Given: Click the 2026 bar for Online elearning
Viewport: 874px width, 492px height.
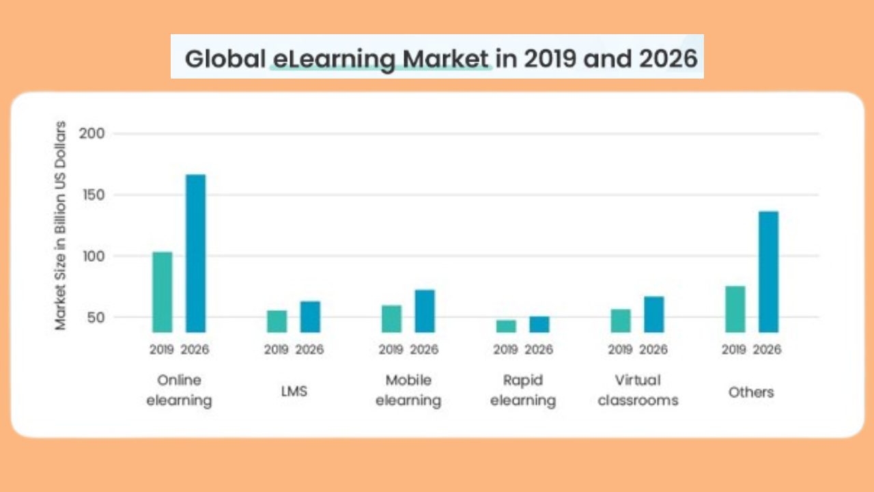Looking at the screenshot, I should pos(195,254).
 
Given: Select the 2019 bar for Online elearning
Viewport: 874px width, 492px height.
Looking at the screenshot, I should pos(163,292).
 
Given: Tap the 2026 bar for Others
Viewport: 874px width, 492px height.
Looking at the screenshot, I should pos(768,272).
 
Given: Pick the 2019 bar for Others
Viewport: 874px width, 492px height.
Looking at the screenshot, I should pos(735,309).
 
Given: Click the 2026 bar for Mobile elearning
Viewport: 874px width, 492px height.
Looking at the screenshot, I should pos(425,311).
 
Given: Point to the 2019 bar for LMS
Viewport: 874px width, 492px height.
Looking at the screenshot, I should pos(277,321).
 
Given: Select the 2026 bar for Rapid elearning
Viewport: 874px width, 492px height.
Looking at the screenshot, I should pos(539,324).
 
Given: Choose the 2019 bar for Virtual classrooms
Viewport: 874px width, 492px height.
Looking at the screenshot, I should pos(621,320).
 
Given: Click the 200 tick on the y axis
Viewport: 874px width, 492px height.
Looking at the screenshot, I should pos(92,133).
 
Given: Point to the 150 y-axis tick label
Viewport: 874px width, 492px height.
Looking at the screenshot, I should pos(92,195).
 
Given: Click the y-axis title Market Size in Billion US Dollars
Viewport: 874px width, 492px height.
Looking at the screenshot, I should pos(61,225).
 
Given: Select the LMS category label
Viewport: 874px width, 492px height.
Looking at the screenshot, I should pos(294,392).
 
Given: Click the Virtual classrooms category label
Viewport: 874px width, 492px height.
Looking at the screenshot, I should pos(638,390).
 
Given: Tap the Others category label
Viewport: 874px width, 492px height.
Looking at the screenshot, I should pos(751,392).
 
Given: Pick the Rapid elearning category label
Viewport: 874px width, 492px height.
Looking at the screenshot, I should pos(522,390).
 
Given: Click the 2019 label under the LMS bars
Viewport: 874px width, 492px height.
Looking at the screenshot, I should pos(277,350).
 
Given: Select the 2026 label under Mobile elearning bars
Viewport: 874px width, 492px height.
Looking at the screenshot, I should pos(424,350).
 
